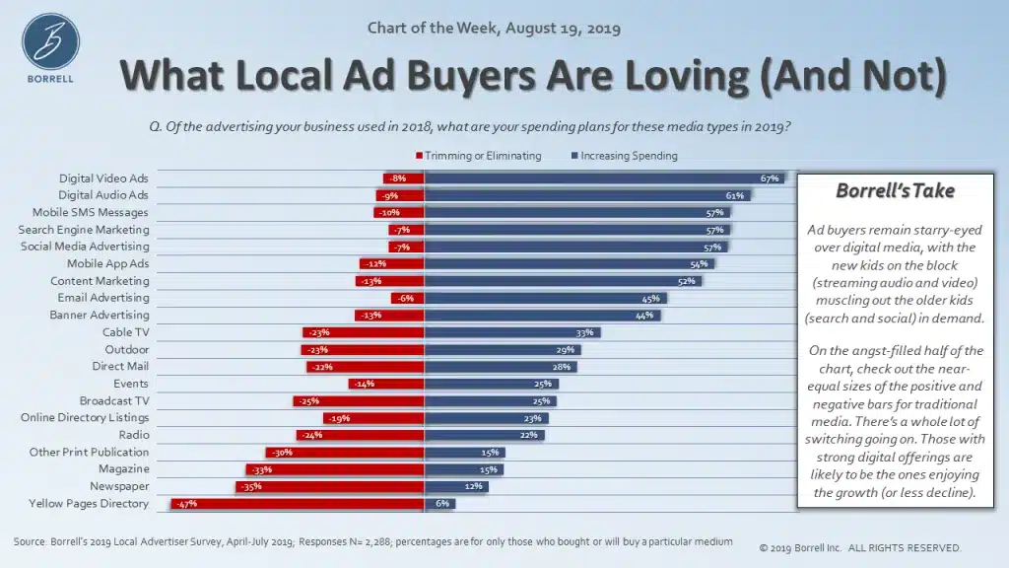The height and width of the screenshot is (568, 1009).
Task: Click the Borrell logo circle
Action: click(50, 42)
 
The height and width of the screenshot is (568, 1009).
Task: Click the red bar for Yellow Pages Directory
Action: click(297, 504)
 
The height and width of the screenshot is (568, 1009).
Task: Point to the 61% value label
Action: click(734, 195)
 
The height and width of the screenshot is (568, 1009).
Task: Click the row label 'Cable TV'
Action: click(127, 332)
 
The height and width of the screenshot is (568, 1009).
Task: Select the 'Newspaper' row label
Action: click(120, 486)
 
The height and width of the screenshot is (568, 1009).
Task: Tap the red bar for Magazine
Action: click(335, 469)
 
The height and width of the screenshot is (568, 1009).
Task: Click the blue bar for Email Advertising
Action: click(545, 298)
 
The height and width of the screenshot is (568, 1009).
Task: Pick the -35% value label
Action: click(251, 486)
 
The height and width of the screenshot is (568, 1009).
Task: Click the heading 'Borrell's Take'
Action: click(895, 190)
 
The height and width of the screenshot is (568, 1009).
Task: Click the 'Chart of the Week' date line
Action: click(494, 28)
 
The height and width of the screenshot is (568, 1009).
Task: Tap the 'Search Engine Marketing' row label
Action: click(84, 230)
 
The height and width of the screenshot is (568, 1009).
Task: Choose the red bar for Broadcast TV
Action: click(359, 400)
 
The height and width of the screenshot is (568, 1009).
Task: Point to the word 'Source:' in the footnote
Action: click(32, 542)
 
